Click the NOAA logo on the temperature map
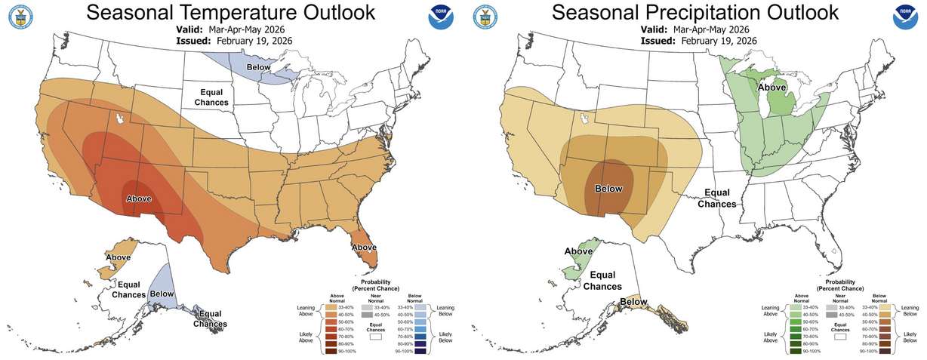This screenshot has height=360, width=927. (442, 17)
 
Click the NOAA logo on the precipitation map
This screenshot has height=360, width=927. (906, 17)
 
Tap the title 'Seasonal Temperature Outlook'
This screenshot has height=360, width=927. (229, 13)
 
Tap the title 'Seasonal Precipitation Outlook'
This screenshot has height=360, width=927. (694, 13)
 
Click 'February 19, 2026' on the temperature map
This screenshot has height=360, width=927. (254, 40)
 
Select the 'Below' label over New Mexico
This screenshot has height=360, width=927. (608, 189)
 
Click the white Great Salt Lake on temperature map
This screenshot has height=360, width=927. (119, 119)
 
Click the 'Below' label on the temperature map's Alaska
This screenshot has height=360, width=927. (162, 293)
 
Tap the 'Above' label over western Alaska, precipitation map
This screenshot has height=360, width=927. (578, 251)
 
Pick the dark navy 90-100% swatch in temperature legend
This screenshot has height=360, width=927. (417, 351)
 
